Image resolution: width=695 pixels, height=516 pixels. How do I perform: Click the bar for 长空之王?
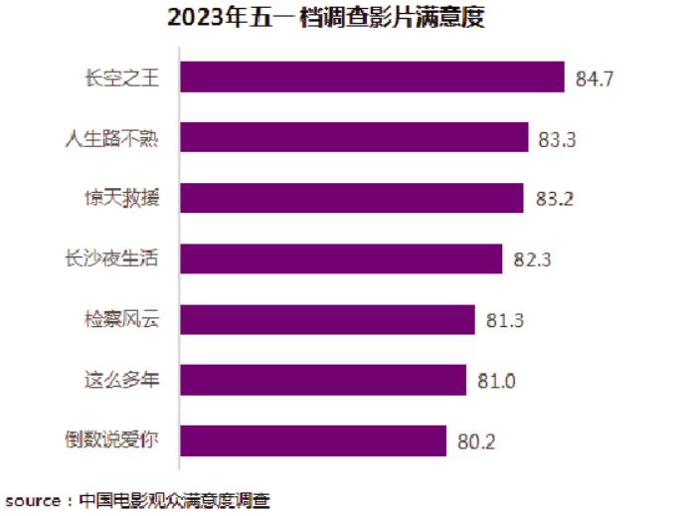pos(372,77)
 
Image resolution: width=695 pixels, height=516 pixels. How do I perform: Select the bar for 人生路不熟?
pos(354,137)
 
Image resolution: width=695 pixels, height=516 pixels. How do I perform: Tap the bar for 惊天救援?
pos(351,198)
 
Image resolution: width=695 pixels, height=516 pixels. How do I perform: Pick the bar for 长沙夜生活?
pos(341,258)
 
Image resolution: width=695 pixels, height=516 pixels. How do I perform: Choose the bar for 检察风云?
pos(327,319)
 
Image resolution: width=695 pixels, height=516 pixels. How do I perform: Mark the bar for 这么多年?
pos(323,380)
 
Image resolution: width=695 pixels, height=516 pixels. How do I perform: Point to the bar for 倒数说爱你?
pos(313,440)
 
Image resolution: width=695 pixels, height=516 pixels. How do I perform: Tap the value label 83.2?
pos(554,199)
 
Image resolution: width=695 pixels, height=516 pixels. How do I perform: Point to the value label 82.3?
pos(532,259)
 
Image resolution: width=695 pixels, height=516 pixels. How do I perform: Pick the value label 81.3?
pos(505,320)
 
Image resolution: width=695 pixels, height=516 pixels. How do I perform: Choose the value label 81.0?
pos(496,381)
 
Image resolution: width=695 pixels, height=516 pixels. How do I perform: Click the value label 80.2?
pos(476,441)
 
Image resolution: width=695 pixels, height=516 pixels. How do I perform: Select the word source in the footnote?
pos(33,500)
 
